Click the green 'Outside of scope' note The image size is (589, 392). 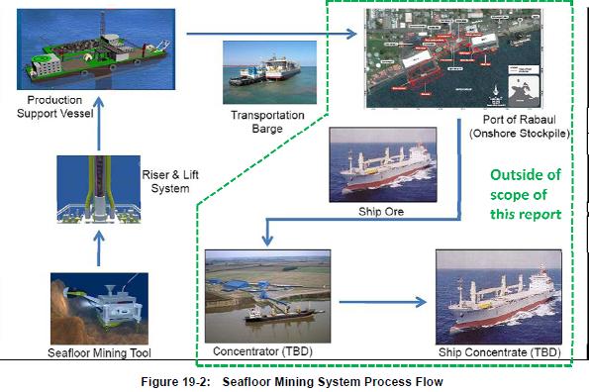click(525, 194)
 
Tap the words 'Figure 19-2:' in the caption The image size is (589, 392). click(187, 380)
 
